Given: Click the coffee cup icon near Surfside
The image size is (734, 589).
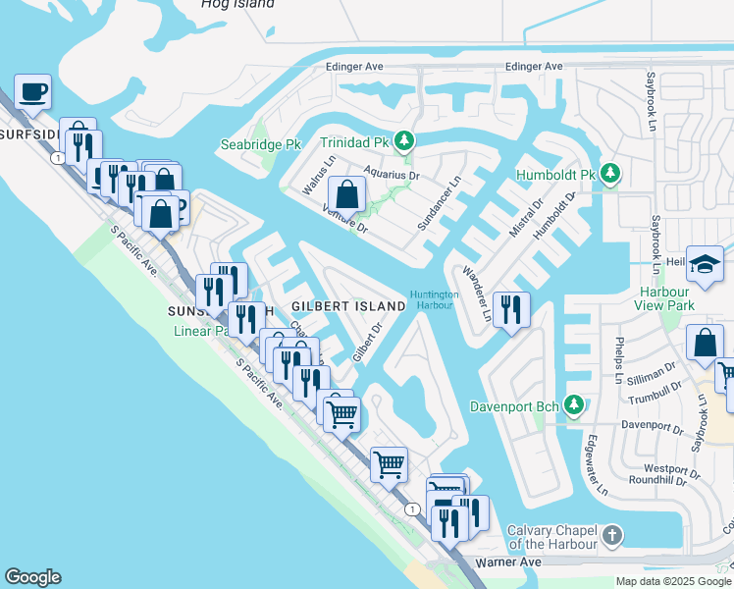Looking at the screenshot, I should click(32, 91).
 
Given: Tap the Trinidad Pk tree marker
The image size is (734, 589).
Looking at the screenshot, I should click(401, 141).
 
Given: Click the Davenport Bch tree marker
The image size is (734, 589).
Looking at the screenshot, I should click(575, 404).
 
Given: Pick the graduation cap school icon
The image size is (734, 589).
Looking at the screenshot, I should click(705, 263).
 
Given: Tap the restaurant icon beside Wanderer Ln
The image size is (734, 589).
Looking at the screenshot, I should click(510, 309).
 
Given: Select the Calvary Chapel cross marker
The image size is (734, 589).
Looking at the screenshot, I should click(612, 536).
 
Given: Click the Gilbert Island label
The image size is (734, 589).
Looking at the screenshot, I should click(335, 306).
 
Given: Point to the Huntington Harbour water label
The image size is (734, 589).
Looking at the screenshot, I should click(434, 299).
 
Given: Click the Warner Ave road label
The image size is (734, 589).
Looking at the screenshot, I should click(508, 562).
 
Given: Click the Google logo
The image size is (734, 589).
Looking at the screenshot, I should click(32, 577).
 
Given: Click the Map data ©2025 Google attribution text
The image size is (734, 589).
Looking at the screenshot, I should click(673, 581).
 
